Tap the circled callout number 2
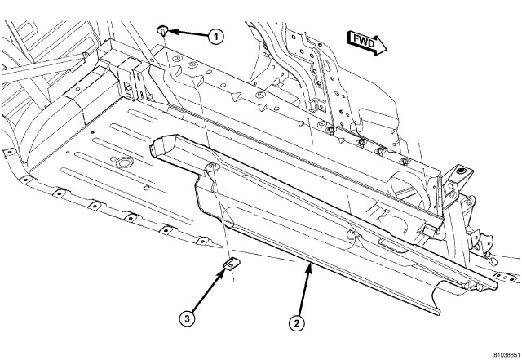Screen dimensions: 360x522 click(x=296, y=322)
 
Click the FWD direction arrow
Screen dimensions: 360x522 click(x=365, y=41)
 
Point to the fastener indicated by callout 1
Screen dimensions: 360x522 click(x=163, y=30)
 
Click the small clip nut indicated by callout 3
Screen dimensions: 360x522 click(x=231, y=264)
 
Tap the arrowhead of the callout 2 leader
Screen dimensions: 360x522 click(x=310, y=264)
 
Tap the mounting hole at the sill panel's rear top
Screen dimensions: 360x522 click(x=210, y=167)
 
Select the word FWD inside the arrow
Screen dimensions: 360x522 click(x=362, y=40)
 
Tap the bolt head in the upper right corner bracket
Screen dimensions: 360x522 click(x=462, y=171)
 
